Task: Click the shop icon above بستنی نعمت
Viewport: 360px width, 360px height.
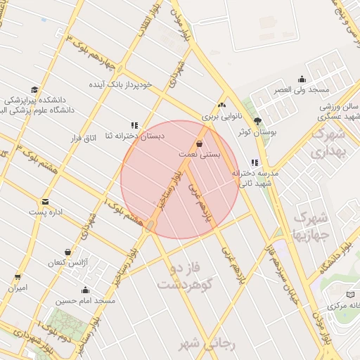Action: point(200,143)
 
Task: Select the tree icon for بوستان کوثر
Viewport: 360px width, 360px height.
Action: point(257,121)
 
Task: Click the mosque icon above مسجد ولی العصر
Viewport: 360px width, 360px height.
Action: point(302,79)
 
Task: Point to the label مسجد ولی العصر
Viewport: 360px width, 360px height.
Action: point(303,90)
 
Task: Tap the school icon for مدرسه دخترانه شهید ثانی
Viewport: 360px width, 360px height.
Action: point(255,162)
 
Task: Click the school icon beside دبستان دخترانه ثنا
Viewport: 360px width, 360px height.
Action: point(134,125)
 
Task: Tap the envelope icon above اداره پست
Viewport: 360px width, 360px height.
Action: point(46,202)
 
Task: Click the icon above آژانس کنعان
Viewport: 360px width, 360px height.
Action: point(67,252)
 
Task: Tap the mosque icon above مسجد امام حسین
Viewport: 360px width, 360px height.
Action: point(86,290)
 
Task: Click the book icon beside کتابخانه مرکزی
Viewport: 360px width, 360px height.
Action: point(350,295)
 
